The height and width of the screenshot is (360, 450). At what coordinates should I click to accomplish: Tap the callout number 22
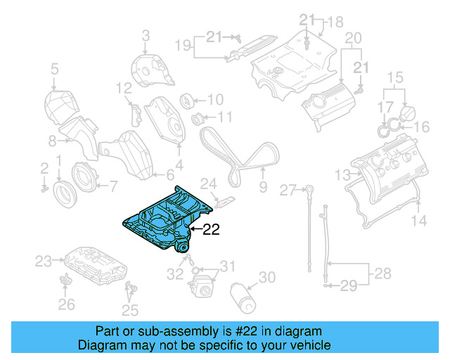(x=212, y=229)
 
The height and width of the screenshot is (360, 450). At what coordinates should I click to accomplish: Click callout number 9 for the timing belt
(x=263, y=187)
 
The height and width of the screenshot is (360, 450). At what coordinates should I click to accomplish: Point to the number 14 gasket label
(x=418, y=221)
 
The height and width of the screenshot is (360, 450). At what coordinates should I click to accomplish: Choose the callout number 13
(x=342, y=174)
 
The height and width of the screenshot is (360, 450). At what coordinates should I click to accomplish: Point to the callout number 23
(x=44, y=262)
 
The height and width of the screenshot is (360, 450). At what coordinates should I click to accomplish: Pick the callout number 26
(x=65, y=304)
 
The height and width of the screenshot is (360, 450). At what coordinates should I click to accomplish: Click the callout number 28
(x=383, y=272)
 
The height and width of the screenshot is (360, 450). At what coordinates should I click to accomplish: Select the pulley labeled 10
(x=188, y=99)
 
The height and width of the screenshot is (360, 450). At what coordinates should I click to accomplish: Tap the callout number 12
(x=124, y=88)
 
